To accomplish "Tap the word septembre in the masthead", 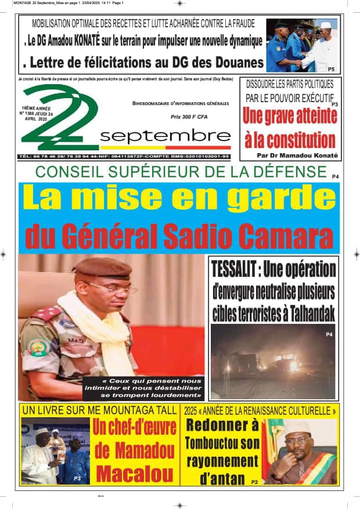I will click(165, 136).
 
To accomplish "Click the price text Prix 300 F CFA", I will click(189, 117).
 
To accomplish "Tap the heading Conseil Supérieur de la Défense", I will click(181, 172).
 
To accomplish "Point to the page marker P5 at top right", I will click(330, 69).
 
